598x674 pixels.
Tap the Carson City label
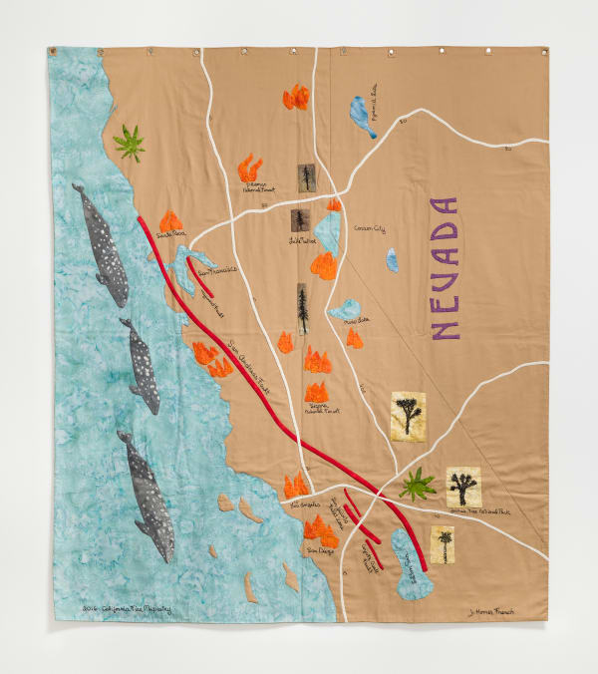tap(369, 229)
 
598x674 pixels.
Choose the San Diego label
tap(318, 550)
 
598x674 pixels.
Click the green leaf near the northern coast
tap(129, 143)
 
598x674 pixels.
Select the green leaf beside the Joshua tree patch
tap(417, 486)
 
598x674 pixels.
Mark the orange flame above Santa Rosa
tap(171, 220)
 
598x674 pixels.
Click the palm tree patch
tap(442, 545)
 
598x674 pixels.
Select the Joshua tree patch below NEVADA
tap(407, 413)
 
